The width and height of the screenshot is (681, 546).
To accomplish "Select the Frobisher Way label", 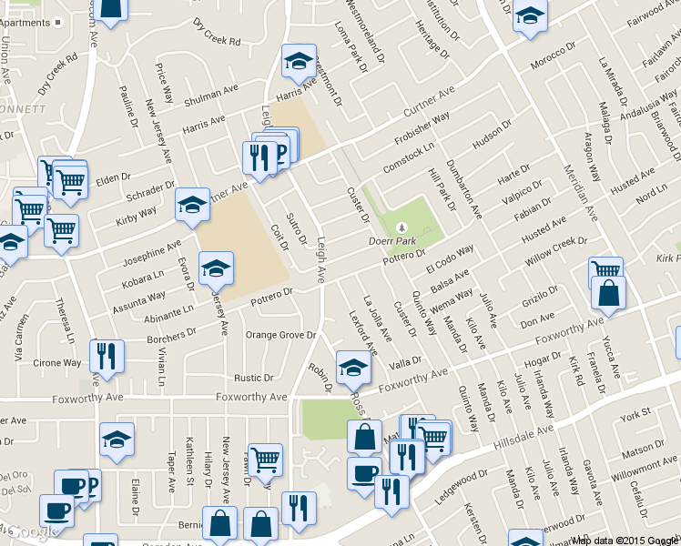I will point(422,130).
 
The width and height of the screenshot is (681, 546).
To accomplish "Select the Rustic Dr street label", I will point(254,377).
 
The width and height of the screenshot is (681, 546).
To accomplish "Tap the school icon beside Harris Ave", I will point(298,59).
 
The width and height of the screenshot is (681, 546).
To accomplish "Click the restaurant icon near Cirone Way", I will point(107,356).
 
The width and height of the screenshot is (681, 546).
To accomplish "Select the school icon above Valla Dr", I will point(353,367).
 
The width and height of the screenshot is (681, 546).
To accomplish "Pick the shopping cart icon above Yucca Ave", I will point(605,271).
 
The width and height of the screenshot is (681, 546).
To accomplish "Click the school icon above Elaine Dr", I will point(117,440).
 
